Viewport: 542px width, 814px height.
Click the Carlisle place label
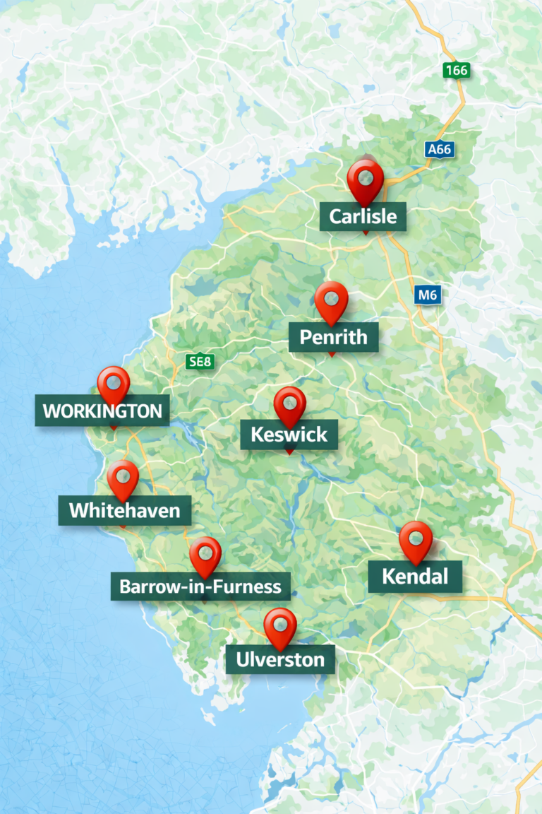[363, 216]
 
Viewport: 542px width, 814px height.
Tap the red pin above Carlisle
[365, 178]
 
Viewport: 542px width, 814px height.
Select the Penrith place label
[333, 337]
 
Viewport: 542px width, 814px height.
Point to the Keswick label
[289, 433]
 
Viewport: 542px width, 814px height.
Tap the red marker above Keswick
[289, 405]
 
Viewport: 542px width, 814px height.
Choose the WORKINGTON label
[102, 411]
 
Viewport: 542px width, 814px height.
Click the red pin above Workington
[113, 384]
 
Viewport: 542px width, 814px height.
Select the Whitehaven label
[124, 509]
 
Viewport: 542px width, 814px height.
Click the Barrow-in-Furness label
[200, 586]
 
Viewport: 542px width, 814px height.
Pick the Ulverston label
[280, 659]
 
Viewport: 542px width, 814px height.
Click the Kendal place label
[415, 576]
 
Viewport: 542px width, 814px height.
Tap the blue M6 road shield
[427, 295]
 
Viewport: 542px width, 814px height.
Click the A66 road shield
[440, 150]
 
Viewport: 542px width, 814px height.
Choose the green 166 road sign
[457, 71]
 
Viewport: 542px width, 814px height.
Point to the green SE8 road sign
[200, 362]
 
